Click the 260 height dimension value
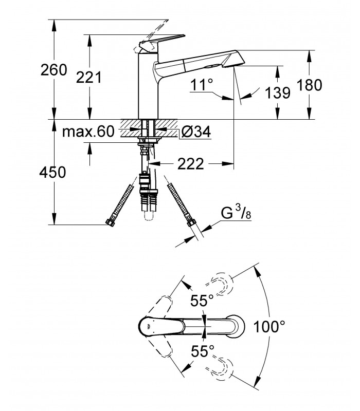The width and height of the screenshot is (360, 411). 54,70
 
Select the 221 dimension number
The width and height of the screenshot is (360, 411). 88,78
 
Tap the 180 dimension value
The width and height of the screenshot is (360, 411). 310,85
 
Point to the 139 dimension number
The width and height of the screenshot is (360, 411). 278,93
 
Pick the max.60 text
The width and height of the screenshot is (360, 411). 88,132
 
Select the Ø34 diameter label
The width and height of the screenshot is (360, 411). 196,132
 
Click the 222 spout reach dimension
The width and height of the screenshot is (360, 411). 190,164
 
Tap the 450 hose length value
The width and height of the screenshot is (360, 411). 52,173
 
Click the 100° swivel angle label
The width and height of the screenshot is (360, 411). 269,327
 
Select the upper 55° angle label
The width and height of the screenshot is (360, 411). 202,301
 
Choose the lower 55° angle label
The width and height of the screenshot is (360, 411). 203,351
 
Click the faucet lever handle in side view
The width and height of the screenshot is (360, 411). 162,43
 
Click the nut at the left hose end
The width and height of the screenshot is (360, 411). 110,222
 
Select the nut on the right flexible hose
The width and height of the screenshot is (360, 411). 191,223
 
